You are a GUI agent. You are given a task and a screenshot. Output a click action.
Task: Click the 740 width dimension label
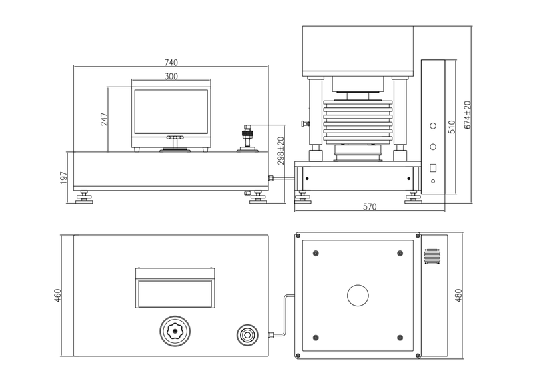171,63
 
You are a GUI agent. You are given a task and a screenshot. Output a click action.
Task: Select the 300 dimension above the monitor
171,77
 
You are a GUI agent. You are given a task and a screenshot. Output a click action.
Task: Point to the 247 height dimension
104,119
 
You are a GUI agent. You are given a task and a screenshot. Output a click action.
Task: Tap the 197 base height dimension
65,178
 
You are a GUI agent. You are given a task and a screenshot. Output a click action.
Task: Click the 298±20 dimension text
282,151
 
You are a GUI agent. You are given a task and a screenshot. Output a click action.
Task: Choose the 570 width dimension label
370,207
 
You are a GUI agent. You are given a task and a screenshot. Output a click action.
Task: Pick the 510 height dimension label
452,127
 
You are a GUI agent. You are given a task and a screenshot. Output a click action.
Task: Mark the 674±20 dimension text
468,115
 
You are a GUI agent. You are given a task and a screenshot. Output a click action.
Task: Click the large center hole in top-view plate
358,296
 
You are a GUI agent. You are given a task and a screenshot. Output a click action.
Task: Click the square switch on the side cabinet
433,168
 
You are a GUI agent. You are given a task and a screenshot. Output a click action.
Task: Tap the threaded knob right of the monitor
249,135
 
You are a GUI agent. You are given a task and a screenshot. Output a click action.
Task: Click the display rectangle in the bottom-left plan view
175,294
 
